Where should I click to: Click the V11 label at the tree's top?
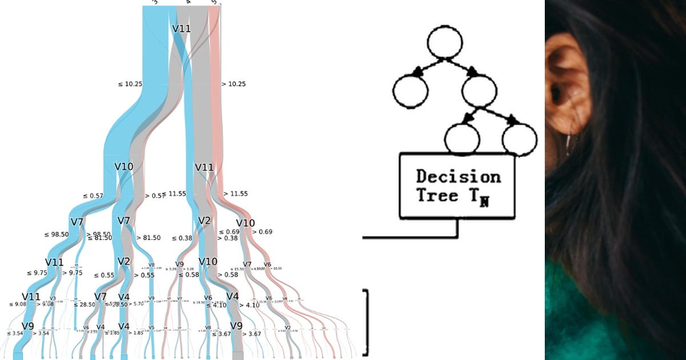pyautogui.click(x=181, y=28)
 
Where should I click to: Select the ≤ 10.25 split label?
pyautogui.click(x=130, y=84)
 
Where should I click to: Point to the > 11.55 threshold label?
pyautogui.click(x=235, y=194)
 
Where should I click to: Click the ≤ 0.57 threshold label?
pyautogui.click(x=93, y=195)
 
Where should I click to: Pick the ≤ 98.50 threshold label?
pyautogui.click(x=56, y=234)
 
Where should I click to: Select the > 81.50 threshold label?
pyautogui.click(x=148, y=238)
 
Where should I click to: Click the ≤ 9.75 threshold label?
pyautogui.click(x=37, y=273)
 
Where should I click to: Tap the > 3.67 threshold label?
pyautogui.click(x=252, y=334)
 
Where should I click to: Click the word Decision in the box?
pyautogui.click(x=458, y=176)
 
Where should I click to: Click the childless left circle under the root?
pyautogui.click(x=410, y=90)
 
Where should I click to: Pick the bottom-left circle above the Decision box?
pyautogui.click(x=462, y=138)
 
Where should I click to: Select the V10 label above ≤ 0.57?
pyautogui.click(x=124, y=166)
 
